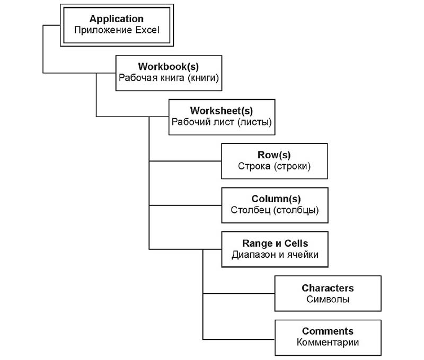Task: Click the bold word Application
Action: point(117,19)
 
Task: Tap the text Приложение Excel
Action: point(117,30)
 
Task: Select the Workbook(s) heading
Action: point(169,67)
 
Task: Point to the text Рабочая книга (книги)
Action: point(169,78)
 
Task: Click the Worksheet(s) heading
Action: point(222,111)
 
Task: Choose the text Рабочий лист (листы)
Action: point(222,122)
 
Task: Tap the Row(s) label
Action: point(274,155)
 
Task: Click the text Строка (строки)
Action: point(274,166)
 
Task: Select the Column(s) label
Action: point(276,199)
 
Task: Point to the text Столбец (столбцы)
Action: point(275,210)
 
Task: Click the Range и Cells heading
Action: point(275,244)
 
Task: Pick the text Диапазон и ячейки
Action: point(275,255)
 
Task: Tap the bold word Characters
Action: point(328,288)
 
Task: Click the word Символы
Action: point(328,299)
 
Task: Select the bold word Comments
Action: point(328,331)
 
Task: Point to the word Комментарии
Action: point(328,342)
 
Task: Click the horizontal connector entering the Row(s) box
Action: point(185,161)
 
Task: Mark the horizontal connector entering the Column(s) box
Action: point(185,205)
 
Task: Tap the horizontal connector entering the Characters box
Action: point(239,293)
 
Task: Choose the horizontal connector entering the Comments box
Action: point(239,339)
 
